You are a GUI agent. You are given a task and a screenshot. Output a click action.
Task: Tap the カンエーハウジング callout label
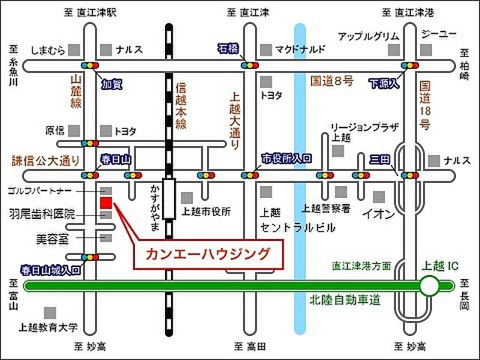click(x=209, y=253)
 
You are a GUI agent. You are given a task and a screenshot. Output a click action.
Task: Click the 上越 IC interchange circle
click(x=429, y=285)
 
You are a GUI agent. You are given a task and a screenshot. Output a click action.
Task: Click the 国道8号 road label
click(x=332, y=78)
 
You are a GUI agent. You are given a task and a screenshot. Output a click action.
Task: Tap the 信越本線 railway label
click(x=180, y=108)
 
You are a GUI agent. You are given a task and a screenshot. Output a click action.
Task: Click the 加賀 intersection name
click(x=112, y=84)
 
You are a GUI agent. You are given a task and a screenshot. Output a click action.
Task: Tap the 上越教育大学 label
click(x=48, y=327)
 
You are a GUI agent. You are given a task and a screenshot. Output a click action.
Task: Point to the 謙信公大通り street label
click(x=45, y=160)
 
